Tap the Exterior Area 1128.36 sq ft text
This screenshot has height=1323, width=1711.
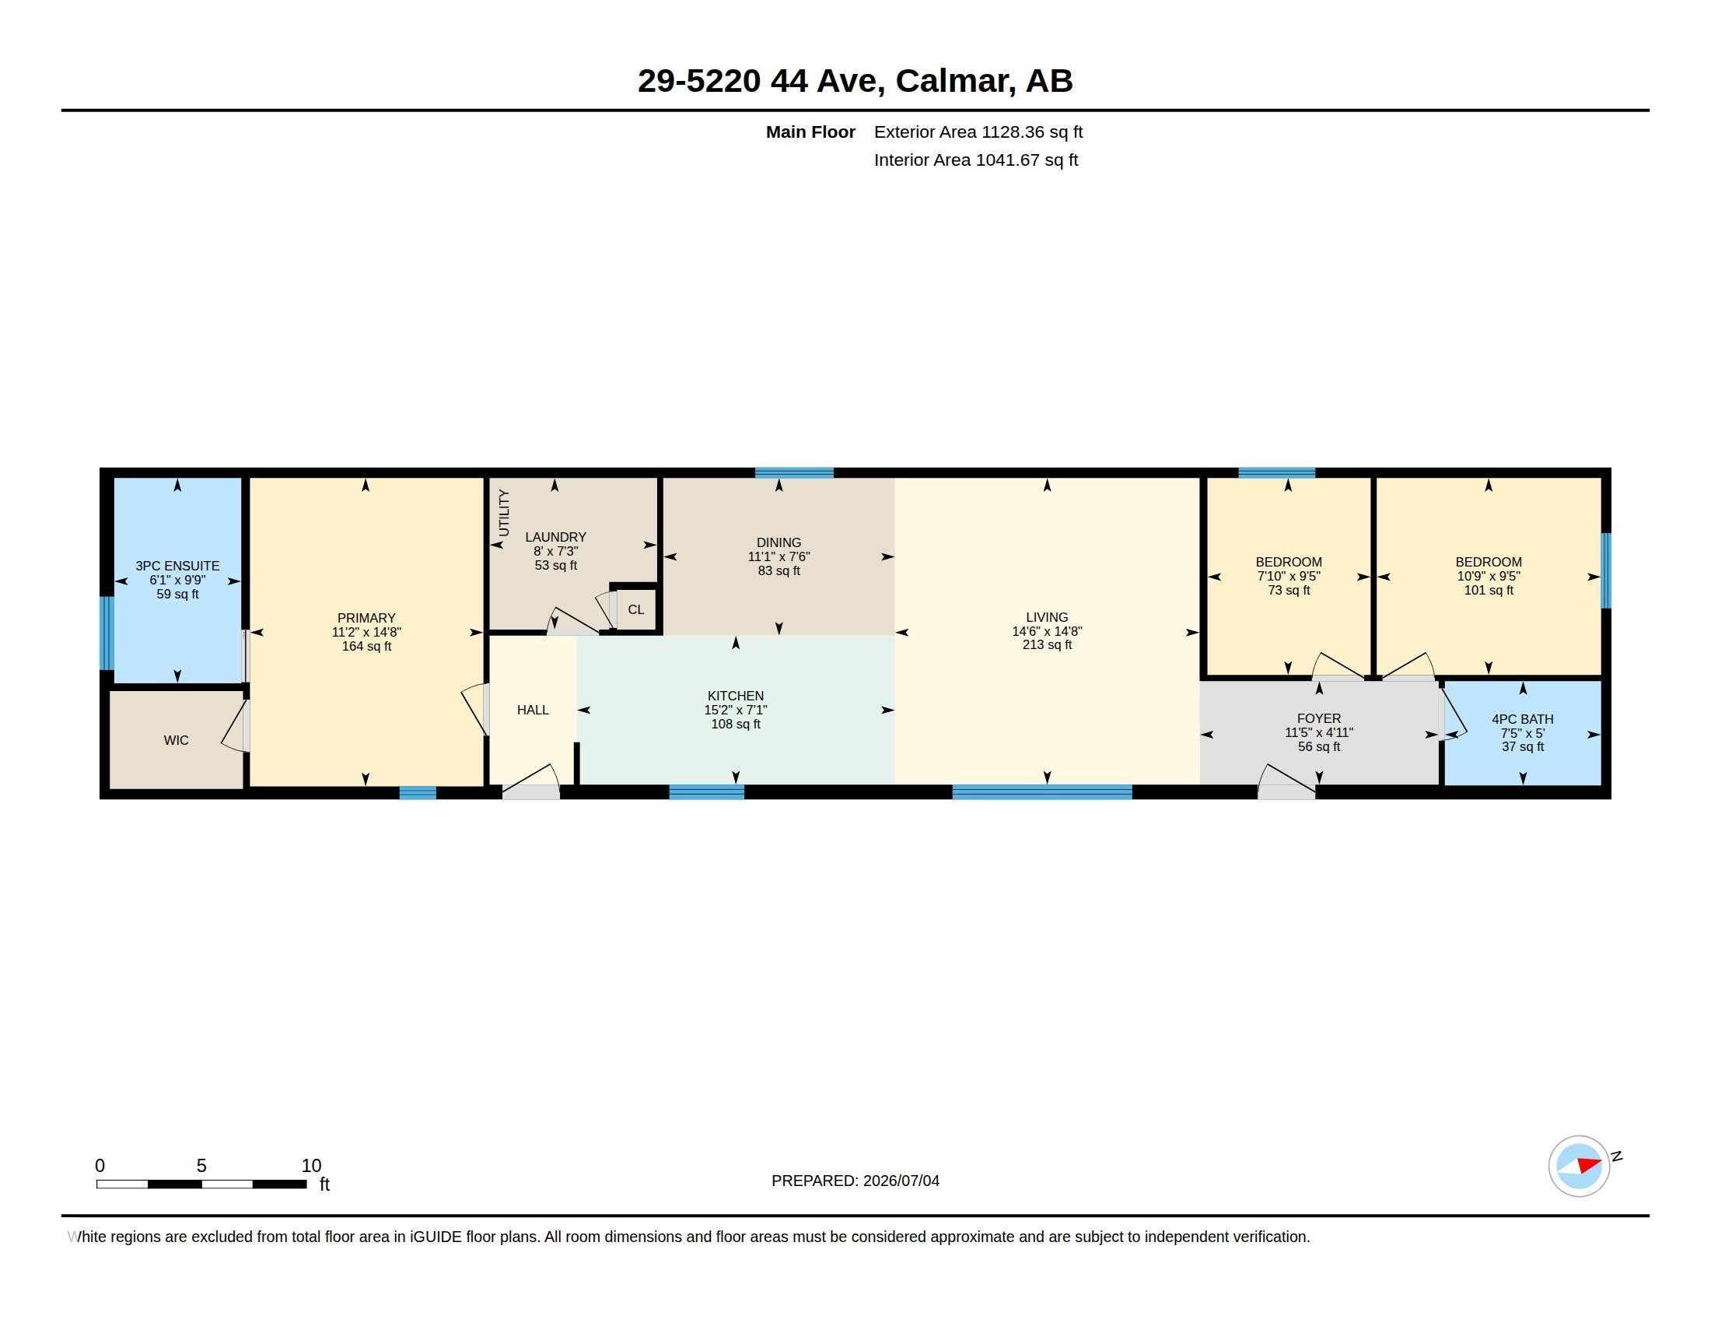click(x=978, y=132)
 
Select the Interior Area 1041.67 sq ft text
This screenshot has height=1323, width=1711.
click(x=975, y=160)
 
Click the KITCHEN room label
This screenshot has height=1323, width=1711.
click(x=735, y=696)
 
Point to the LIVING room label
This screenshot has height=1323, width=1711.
click(x=1047, y=618)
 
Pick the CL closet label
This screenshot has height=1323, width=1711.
click(x=635, y=610)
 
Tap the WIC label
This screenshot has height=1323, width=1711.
click(x=177, y=740)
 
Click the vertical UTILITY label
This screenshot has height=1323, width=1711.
click(x=504, y=513)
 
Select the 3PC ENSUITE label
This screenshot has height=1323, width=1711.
click(x=177, y=566)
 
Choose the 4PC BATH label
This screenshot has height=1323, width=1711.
click(x=1522, y=720)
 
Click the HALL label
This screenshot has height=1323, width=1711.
click(x=533, y=710)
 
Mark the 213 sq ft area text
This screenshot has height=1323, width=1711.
click(x=1047, y=645)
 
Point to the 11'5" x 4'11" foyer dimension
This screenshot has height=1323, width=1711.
click(x=1318, y=733)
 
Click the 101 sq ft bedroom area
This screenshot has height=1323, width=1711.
click(x=1489, y=590)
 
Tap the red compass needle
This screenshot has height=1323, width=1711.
click(x=1589, y=1165)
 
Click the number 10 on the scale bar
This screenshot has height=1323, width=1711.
click(x=311, y=1166)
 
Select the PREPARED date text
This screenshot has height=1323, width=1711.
click(x=855, y=1181)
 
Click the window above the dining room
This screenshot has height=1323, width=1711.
click(x=793, y=472)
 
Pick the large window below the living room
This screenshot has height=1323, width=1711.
click(x=1042, y=792)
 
